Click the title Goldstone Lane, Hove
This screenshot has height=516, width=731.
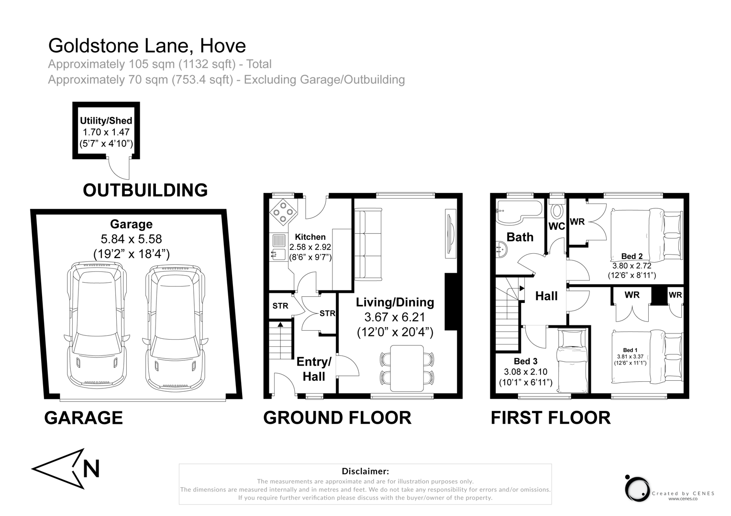pyautogui.click(x=147, y=46)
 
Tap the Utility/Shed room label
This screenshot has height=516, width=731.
pyautogui.click(x=106, y=121)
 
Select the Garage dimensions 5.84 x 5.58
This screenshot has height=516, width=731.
pyautogui.click(x=131, y=239)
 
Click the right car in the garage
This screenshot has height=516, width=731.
pyautogui.click(x=176, y=327)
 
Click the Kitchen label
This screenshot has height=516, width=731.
pyautogui.click(x=310, y=237)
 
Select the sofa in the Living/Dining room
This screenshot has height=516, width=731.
pyautogui.click(x=367, y=244)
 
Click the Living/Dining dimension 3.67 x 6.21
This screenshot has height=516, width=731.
pyautogui.click(x=395, y=317)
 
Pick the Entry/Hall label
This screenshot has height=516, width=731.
pyautogui.click(x=314, y=369)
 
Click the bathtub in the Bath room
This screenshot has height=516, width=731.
pyautogui.click(x=519, y=212)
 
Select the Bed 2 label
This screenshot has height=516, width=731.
pyautogui.click(x=631, y=257)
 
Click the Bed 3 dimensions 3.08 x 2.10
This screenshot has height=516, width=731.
pyautogui.click(x=525, y=372)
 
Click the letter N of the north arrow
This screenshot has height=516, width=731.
pyautogui.click(x=91, y=469)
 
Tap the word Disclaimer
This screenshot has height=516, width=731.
pyautogui.click(x=365, y=472)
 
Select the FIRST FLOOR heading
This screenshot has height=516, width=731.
pyautogui.click(x=550, y=418)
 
